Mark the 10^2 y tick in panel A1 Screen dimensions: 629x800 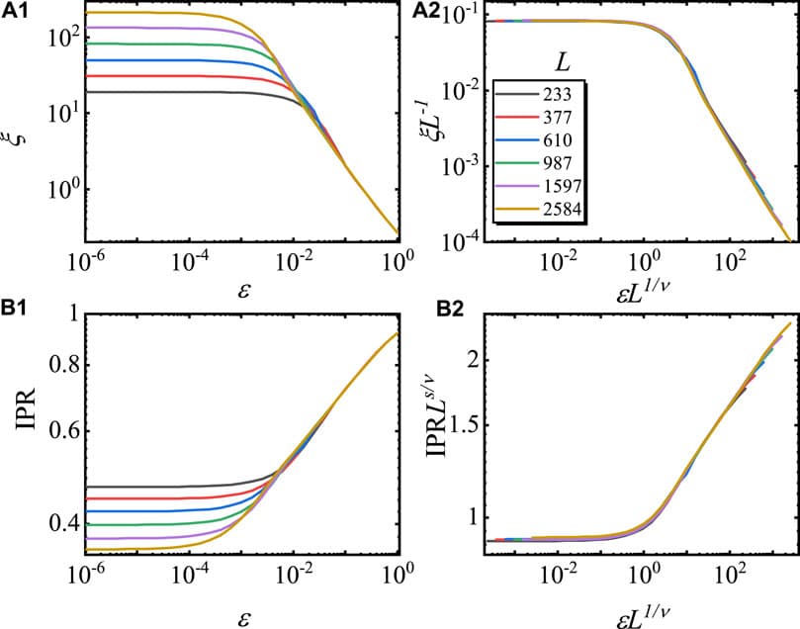(58, 37)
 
